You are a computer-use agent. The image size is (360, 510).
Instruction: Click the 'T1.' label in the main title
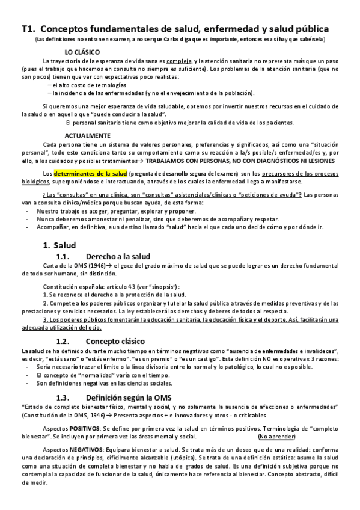coord(29,28)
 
